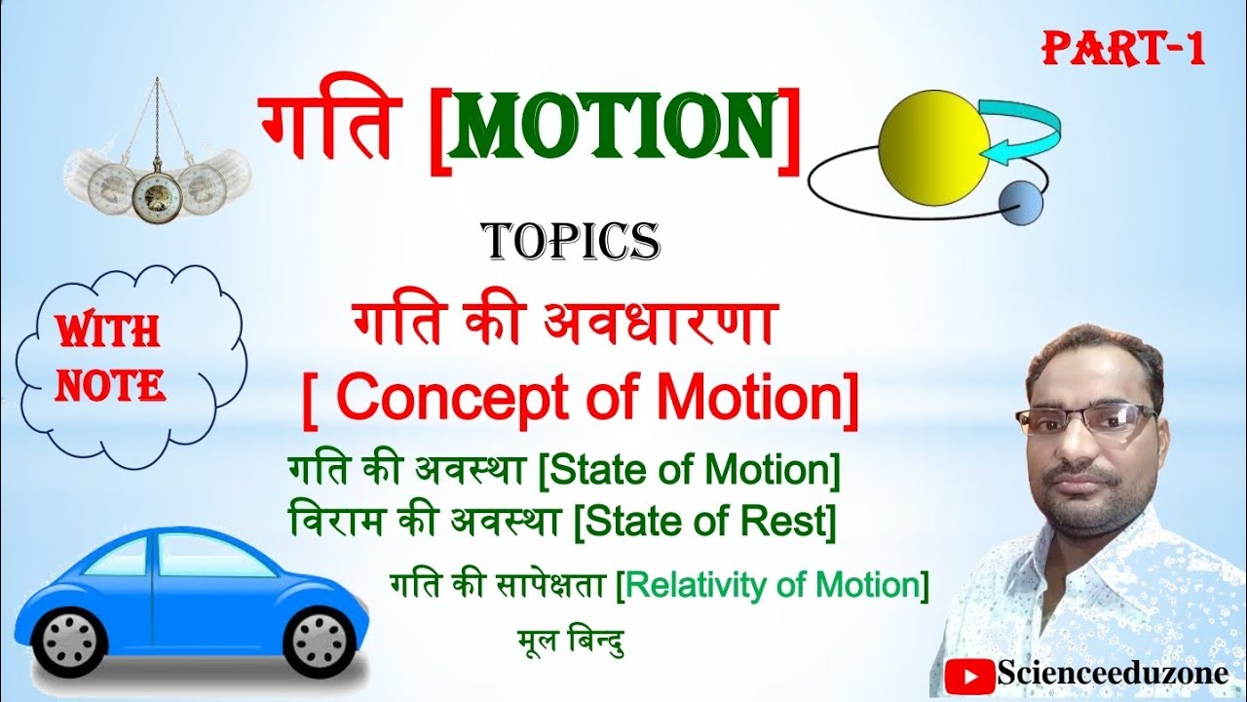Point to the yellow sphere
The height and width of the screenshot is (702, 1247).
[x=934, y=147]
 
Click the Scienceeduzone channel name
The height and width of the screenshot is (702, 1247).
[x=1111, y=673]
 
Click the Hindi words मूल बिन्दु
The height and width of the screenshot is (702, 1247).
[x=571, y=642]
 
